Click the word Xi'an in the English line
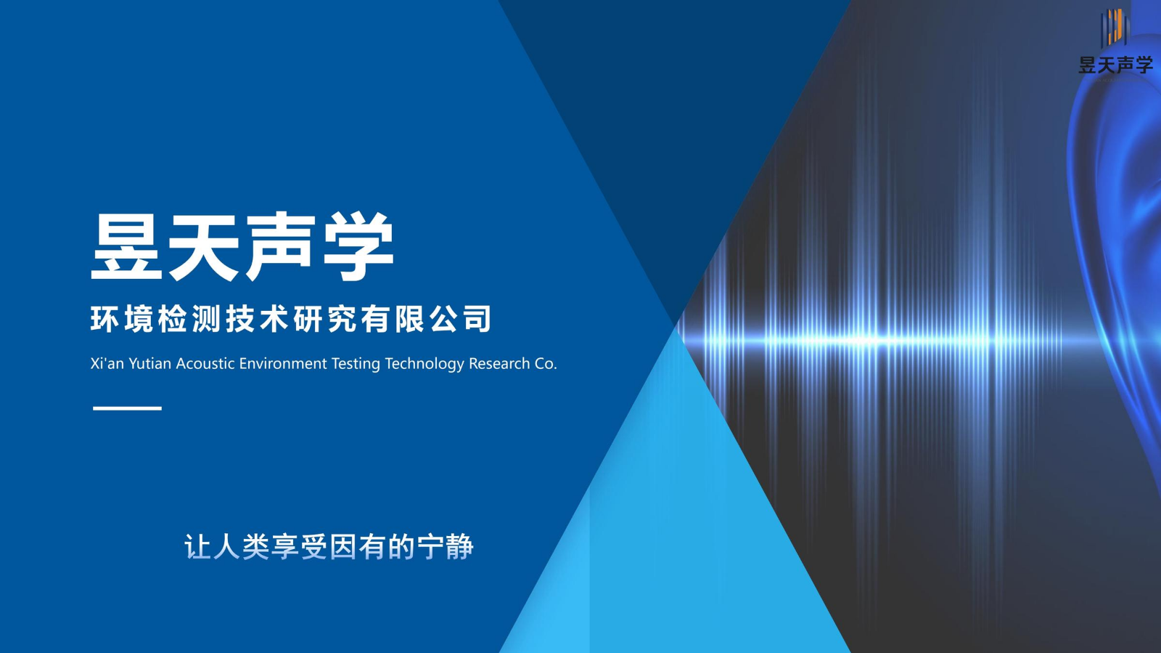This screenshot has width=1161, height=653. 107,363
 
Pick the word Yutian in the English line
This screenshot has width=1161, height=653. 149,364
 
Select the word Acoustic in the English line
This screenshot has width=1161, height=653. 205,364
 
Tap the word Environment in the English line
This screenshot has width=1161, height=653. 283,364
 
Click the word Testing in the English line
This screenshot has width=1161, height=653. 356,365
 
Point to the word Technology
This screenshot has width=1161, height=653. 424,365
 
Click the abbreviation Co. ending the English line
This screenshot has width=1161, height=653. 546,364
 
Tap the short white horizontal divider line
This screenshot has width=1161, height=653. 127,408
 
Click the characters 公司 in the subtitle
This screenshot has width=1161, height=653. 460,318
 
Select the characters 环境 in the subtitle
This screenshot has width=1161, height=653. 122,318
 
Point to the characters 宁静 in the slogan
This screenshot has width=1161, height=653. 446,547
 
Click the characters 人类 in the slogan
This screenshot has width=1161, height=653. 242,547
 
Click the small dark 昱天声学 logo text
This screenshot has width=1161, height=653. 1116,65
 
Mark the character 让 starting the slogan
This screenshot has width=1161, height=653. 199,547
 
